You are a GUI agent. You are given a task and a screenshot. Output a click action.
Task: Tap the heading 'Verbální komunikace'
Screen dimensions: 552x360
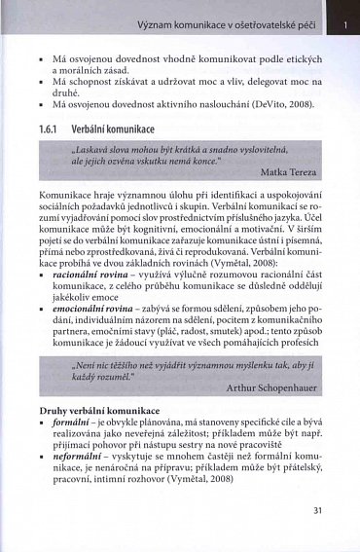(x=116, y=129)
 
